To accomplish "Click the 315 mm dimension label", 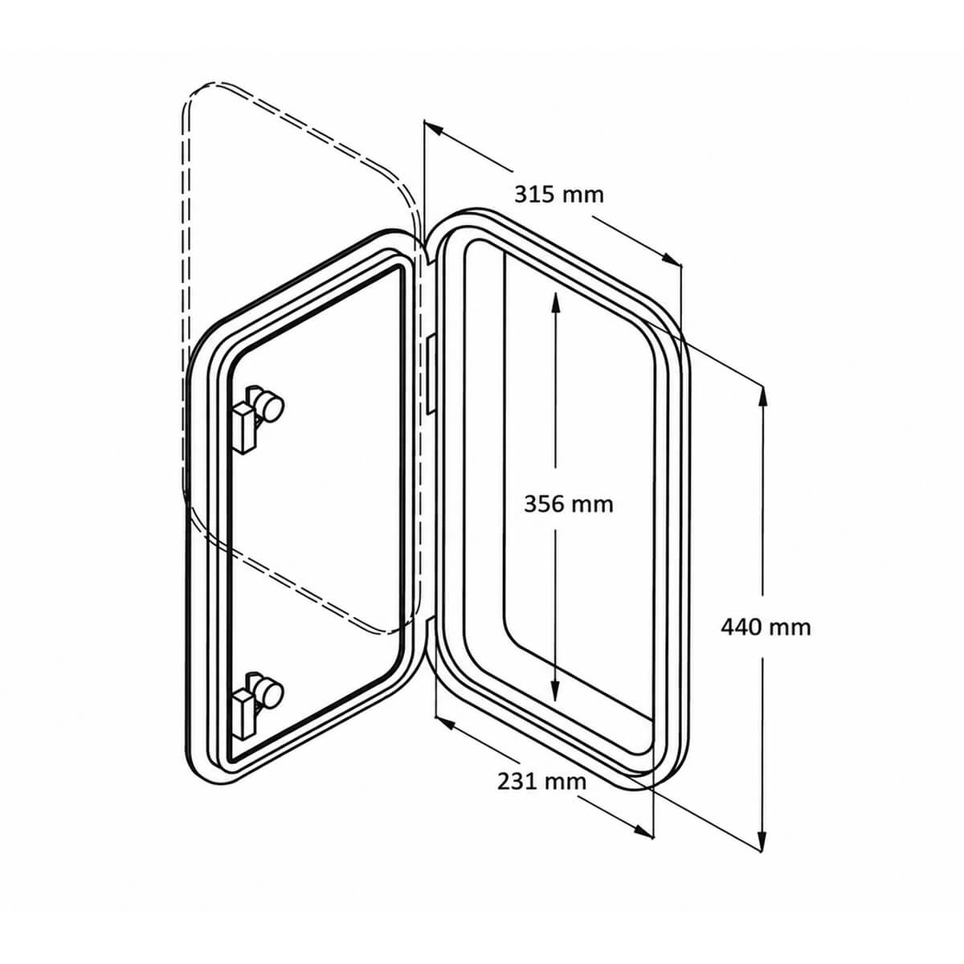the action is pos(559,194).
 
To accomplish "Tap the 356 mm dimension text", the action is pos(568,504).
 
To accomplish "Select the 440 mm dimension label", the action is pos(766,627).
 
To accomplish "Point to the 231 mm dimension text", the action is pos(541,782).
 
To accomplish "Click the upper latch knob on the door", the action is pos(271,407).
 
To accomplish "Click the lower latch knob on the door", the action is pos(270,696).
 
